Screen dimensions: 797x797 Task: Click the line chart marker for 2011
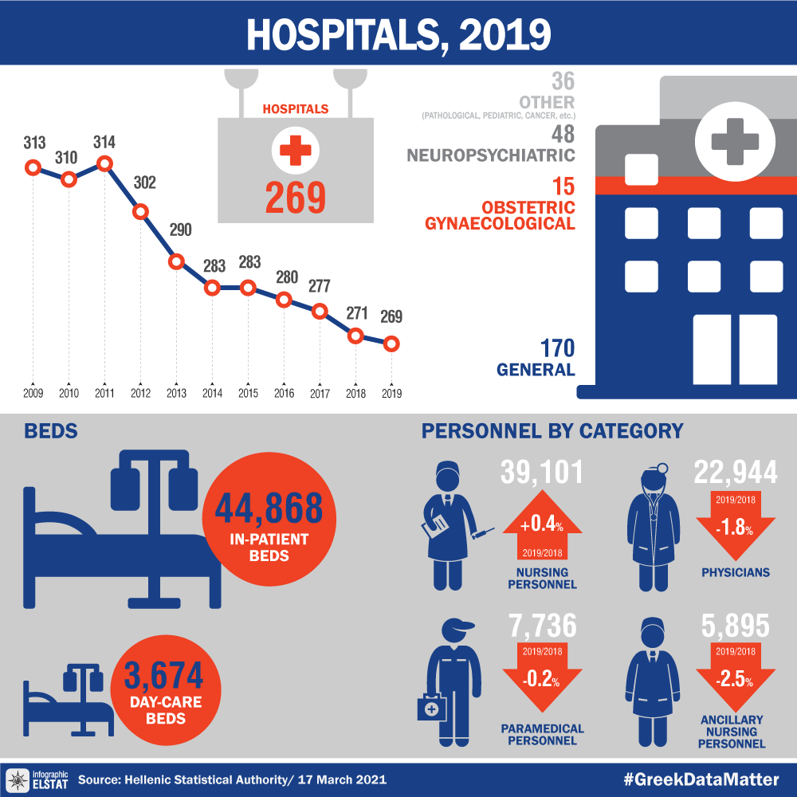(x=104, y=164)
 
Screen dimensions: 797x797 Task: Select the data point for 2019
(x=391, y=344)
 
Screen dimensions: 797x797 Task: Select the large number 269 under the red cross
(x=295, y=198)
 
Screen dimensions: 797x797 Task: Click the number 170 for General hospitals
(x=557, y=348)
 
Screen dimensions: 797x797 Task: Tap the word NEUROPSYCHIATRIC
(x=491, y=154)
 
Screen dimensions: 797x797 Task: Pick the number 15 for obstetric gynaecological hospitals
(x=563, y=186)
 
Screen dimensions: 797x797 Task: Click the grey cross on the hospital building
(x=734, y=139)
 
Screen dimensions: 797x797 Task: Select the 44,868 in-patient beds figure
(x=263, y=508)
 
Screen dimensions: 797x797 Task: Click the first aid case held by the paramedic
(x=431, y=707)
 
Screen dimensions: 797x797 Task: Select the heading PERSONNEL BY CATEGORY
(x=552, y=431)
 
